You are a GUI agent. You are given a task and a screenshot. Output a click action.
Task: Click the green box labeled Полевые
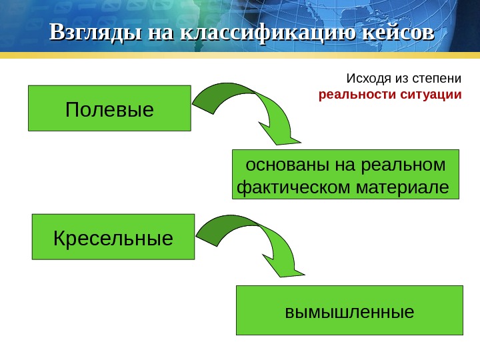[x=109, y=108]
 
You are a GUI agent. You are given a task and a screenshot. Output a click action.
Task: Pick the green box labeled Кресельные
[x=113, y=237]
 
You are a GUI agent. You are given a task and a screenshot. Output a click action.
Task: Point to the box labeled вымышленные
[x=349, y=310]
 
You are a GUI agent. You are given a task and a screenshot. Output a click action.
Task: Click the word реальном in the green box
[x=402, y=164]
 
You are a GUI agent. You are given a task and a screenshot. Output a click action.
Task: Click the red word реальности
[x=357, y=94]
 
